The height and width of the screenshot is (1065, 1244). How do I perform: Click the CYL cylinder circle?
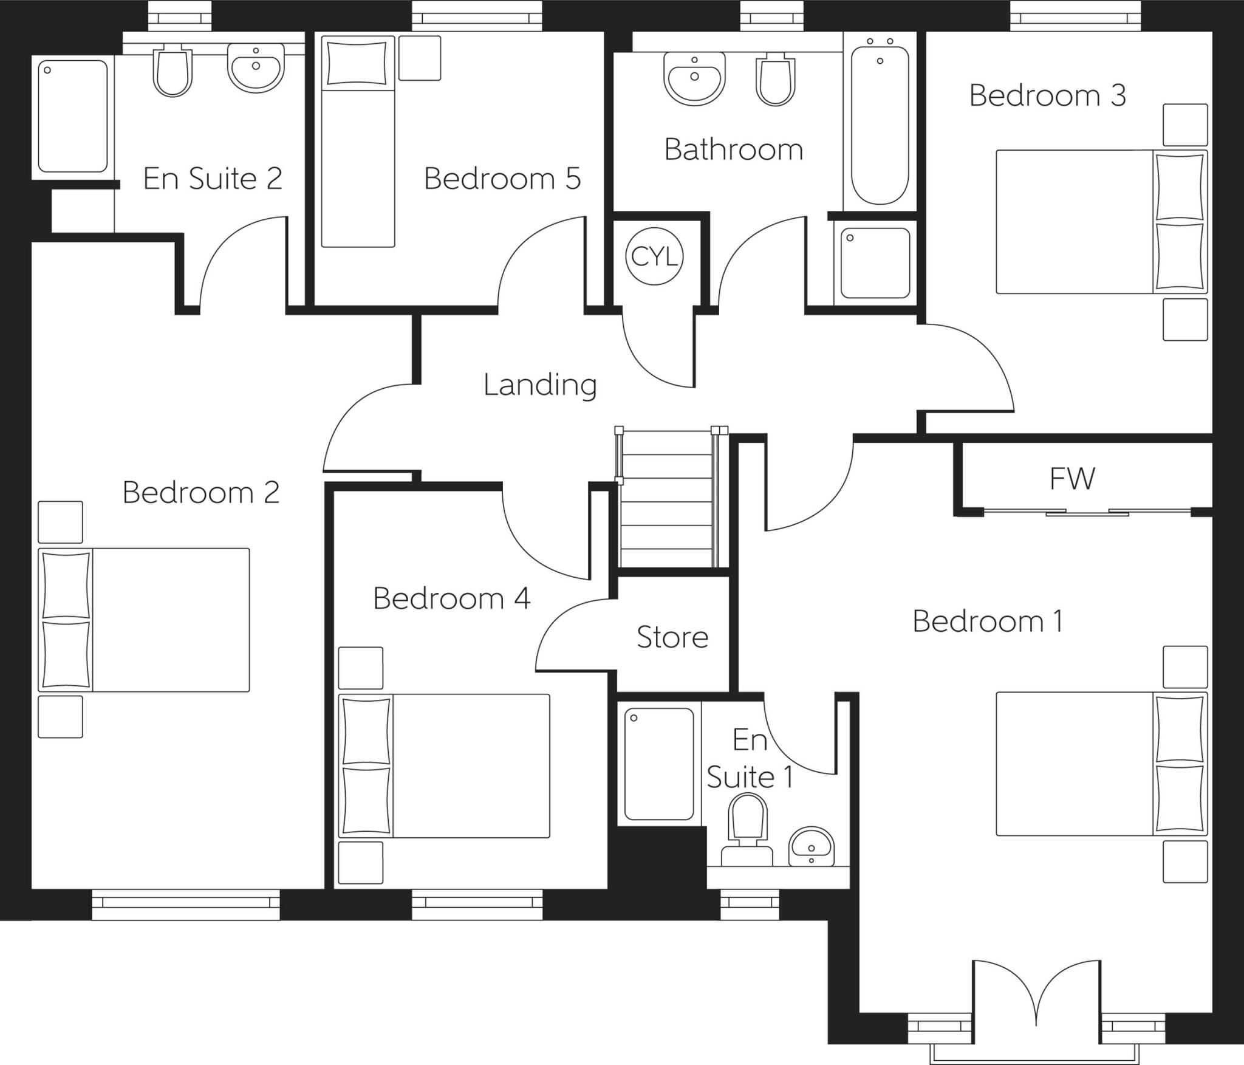tap(654, 256)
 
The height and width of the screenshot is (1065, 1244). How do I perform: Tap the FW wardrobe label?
tap(1072, 478)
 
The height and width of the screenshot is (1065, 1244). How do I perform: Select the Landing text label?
tap(540, 385)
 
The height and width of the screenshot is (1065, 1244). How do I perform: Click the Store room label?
tap(672, 637)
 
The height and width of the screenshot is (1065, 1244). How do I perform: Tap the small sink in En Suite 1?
tap(811, 846)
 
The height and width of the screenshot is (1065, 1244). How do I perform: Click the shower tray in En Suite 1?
tap(659, 764)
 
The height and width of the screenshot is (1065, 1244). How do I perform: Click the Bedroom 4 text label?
tap(451, 599)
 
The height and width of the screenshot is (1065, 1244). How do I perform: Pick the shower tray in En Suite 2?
tap(73, 115)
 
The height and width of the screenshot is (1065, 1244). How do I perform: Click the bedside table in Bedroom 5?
tap(420, 58)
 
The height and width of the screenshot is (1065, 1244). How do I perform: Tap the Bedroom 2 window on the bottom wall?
tap(186, 904)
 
